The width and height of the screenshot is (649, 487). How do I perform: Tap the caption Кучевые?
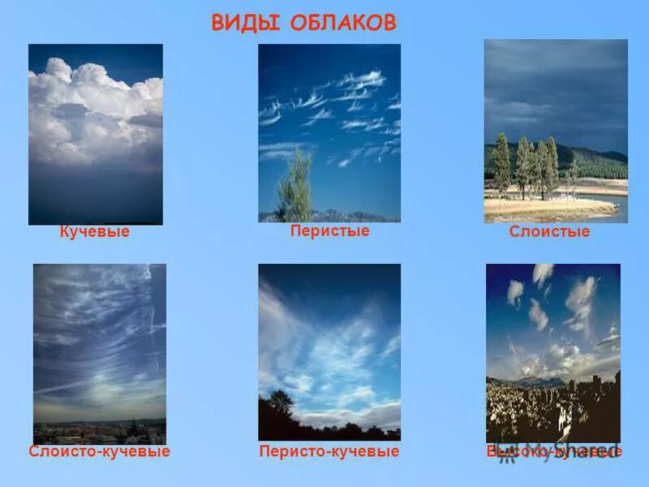click(95, 232)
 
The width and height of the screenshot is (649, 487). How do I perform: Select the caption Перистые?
click(329, 231)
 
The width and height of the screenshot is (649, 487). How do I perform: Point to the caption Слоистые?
click(549, 232)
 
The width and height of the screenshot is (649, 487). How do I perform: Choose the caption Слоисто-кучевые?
click(99, 451)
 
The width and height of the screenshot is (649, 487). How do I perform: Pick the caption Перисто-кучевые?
click(329, 451)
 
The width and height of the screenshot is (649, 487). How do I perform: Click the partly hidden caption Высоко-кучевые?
click(554, 451)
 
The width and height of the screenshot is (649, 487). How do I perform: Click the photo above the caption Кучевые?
click(96, 134)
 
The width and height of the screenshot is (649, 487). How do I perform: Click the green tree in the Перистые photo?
click(295, 188)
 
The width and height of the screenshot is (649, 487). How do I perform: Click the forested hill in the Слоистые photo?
click(596, 162)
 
